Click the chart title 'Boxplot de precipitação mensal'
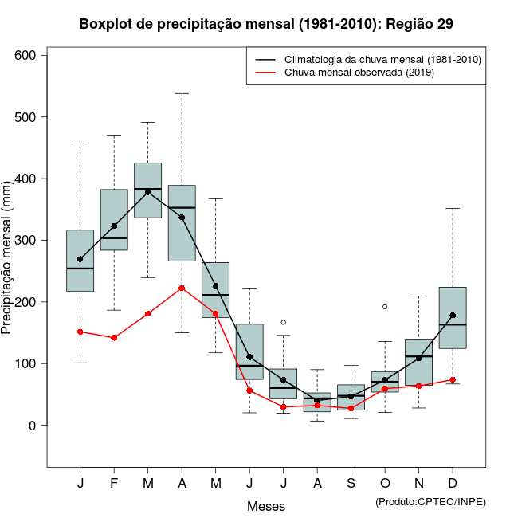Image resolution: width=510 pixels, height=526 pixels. (266, 24)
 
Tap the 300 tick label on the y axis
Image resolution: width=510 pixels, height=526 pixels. (25, 241)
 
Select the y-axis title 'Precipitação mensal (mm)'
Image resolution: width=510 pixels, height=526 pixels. (7, 264)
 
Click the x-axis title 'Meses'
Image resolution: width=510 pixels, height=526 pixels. (266, 506)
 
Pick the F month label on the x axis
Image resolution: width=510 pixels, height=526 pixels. (114, 484)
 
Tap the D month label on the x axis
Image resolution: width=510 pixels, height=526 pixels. (453, 484)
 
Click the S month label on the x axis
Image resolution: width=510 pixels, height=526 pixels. (351, 484)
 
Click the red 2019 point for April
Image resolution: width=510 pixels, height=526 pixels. (182, 288)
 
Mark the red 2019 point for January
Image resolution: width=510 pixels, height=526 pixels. (80, 332)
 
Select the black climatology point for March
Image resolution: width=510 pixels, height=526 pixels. (148, 192)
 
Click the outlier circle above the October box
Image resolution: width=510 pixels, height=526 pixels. (385, 307)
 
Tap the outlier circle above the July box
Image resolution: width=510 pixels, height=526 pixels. (283, 322)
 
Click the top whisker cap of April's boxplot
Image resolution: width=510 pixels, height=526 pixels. (182, 93)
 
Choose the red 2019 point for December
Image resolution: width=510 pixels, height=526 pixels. (453, 379)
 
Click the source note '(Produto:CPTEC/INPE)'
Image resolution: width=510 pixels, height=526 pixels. (430, 500)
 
